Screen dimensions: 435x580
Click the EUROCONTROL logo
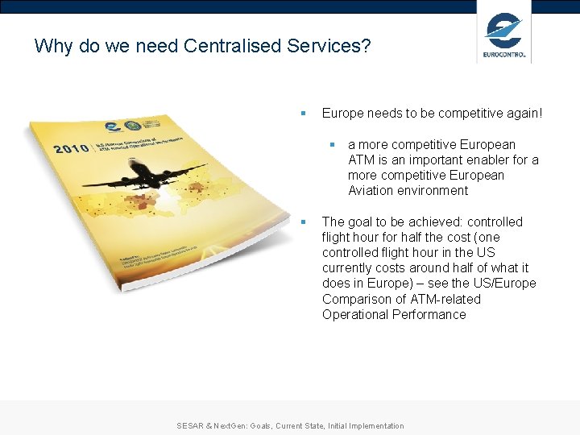504,37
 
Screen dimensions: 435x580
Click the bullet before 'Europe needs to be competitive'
303,114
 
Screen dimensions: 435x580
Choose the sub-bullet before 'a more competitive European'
330,145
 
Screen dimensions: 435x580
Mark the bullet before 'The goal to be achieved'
303,222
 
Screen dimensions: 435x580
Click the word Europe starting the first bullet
342,114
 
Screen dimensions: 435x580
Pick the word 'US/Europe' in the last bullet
505,284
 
